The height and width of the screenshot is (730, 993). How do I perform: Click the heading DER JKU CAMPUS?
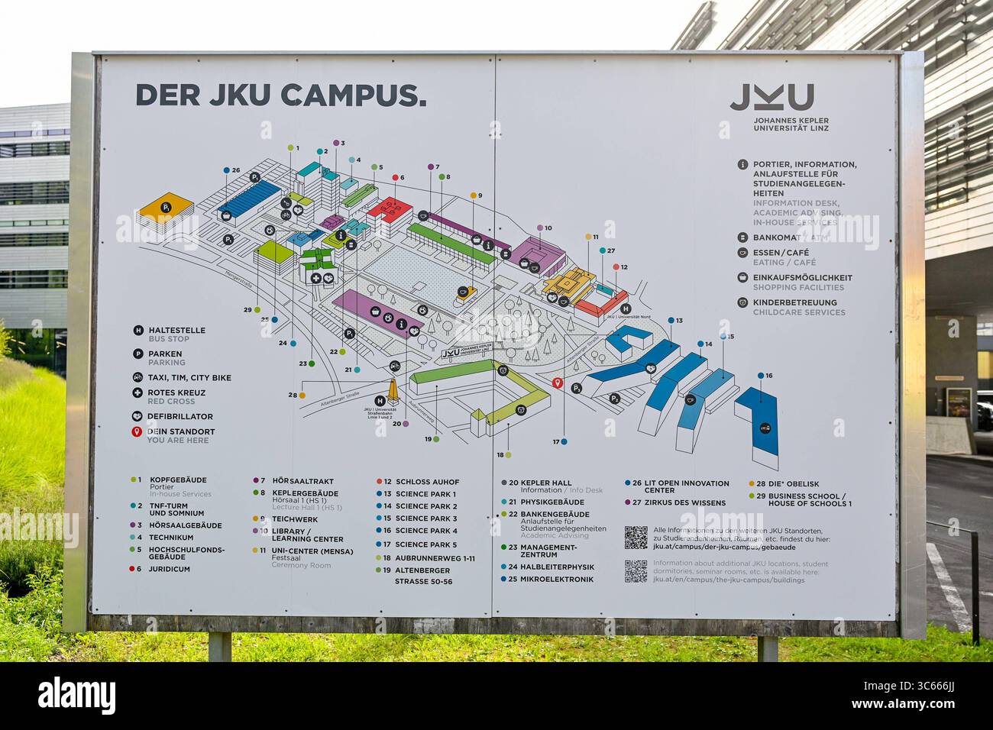280,95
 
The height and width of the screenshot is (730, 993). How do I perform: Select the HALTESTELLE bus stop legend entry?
176,331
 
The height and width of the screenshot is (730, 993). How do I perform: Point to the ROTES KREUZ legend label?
176,392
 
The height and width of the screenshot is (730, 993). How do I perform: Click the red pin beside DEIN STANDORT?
137,432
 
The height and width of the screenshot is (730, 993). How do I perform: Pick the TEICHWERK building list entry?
295,518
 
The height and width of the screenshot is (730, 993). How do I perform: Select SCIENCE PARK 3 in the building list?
426,518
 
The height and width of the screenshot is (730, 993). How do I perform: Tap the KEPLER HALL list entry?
545,483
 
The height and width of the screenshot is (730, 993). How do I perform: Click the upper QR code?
636,537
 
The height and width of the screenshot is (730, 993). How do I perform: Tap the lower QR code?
636,571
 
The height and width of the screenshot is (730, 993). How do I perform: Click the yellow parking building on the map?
167,207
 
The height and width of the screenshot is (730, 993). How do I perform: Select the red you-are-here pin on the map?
558,383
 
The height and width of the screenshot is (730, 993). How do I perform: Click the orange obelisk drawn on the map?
393,390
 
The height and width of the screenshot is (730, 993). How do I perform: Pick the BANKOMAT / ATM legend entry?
784,237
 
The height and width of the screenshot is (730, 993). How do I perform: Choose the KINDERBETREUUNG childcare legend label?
794,302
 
